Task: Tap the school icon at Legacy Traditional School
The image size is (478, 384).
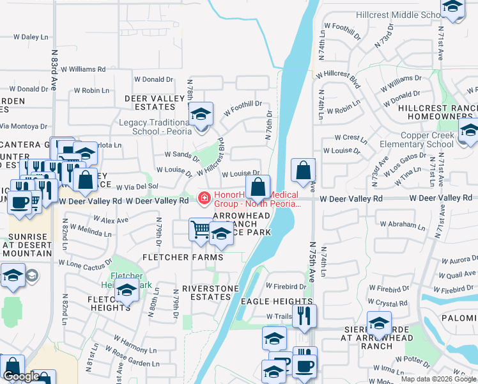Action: (x=201, y=116)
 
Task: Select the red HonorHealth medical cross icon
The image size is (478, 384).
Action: (x=204, y=198)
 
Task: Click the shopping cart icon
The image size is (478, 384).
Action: (x=201, y=228)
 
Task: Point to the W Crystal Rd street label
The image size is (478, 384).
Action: (x=388, y=303)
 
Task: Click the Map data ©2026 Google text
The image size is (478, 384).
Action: (x=438, y=379)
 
